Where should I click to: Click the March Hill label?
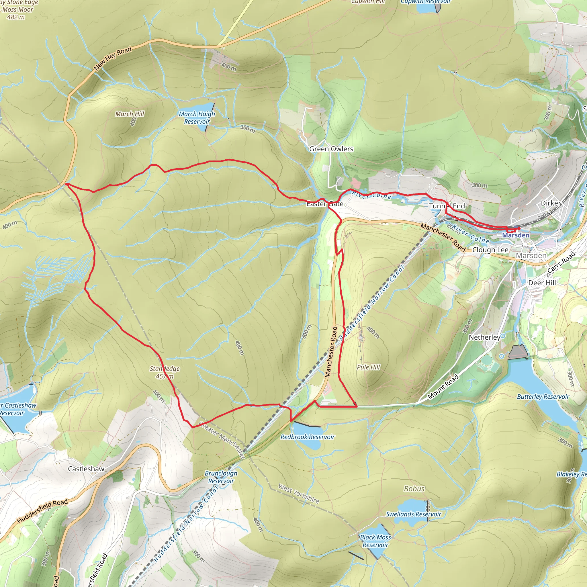(130, 114)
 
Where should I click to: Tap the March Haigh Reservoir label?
(197, 118)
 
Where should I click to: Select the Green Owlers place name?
(331, 149)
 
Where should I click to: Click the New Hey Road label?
(113, 58)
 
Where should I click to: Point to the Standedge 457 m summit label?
(165, 373)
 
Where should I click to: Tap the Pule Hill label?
(368, 367)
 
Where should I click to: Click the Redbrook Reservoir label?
(308, 437)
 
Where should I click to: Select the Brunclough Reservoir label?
(221, 477)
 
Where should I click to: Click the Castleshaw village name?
(86, 469)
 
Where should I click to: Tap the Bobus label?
(414, 489)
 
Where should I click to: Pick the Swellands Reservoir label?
(414, 514)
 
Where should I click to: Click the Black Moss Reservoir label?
(375, 541)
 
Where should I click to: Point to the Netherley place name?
(484, 337)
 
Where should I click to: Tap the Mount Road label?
(443, 387)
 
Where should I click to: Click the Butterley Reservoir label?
(543, 396)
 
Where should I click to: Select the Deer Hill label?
(542, 283)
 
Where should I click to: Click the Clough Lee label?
(490, 250)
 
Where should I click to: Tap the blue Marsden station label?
(516, 235)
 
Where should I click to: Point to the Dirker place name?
(551, 203)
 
